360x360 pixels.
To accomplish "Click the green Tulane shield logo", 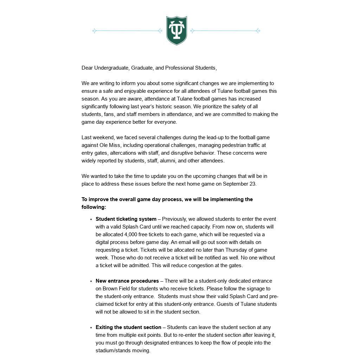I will [x=176, y=31].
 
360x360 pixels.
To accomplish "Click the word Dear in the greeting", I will [x=87, y=68].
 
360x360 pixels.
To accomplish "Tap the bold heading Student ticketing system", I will [x=126, y=219].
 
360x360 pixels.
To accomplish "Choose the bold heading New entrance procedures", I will [x=127, y=281].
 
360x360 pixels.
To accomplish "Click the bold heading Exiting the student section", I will [x=128, y=327].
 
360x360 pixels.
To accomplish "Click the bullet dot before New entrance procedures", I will [x=91, y=281].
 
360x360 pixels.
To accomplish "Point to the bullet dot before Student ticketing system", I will [x=91, y=219].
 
